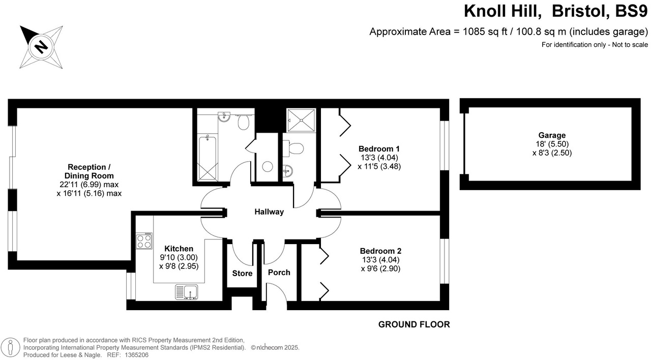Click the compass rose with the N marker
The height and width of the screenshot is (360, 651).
click(41, 47)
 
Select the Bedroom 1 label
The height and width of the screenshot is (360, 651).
click(379, 149)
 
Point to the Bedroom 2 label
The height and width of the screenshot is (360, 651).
click(380, 251)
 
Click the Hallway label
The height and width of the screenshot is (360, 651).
click(269, 212)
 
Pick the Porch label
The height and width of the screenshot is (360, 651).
click(279, 273)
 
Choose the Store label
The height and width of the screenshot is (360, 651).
click(242, 274)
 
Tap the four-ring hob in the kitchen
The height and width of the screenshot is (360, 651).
click(144, 241)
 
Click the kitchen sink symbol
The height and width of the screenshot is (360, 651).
click(187, 292)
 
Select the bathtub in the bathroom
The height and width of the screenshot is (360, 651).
click(206, 158)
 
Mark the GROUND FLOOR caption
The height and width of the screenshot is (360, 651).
click(414, 324)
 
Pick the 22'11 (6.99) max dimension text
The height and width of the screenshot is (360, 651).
click(89, 185)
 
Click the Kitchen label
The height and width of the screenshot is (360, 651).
click(179, 249)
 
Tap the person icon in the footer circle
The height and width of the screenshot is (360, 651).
click(11, 347)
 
